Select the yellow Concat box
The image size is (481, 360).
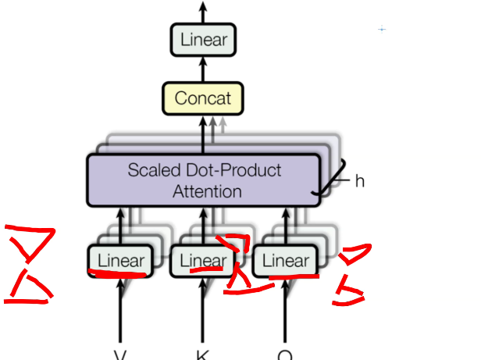tap(202, 98)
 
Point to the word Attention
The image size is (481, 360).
tap(207, 190)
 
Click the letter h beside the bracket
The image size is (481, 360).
tap(359, 180)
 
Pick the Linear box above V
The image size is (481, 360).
tap(121, 260)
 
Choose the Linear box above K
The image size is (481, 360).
tap(201, 260)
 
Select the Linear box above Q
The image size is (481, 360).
tap(285, 260)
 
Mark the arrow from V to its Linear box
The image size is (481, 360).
tap(121, 312)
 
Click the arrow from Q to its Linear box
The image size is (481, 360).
tap(284, 312)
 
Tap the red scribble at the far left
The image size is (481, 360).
tap(30, 264)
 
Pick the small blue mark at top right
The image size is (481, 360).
tap(381, 29)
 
